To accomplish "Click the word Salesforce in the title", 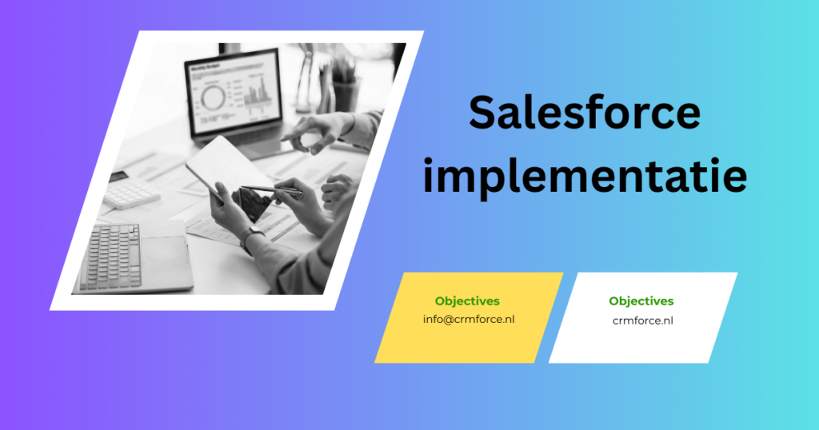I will click(x=584, y=113).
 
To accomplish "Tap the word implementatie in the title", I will click(x=585, y=177).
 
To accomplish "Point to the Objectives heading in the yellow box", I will click(x=467, y=301).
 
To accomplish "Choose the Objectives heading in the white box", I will click(x=641, y=301).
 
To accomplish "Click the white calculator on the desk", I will click(x=130, y=193).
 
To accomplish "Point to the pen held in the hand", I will click(x=272, y=189).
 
